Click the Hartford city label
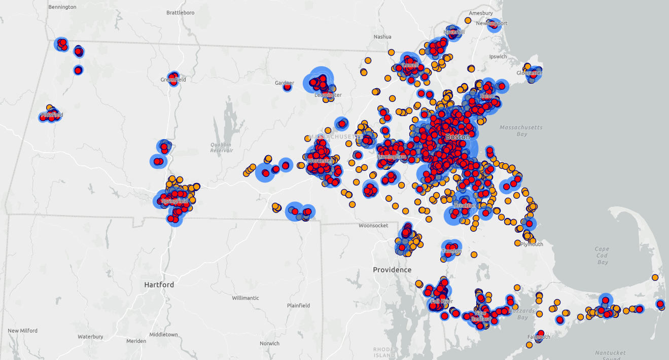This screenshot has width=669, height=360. pyautogui.click(x=159, y=284)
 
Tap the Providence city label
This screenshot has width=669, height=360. pyautogui.click(x=392, y=270)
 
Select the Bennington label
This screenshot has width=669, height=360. pyautogui.click(x=62, y=7)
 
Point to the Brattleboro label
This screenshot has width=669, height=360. pyautogui.click(x=181, y=13)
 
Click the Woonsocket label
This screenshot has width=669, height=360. pyautogui.click(x=373, y=225)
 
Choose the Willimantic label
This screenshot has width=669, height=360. pyautogui.click(x=245, y=298)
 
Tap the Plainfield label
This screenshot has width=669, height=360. pyautogui.click(x=298, y=305)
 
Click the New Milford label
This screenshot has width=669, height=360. pyautogui.click(x=23, y=331)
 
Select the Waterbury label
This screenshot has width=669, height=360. pyautogui.click(x=90, y=337)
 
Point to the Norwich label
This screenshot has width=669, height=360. pyautogui.click(x=269, y=343)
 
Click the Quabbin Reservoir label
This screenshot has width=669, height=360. pyautogui.click(x=221, y=148)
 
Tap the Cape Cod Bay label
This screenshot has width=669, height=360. pyautogui.click(x=602, y=256)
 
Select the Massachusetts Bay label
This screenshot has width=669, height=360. pyautogui.click(x=521, y=130)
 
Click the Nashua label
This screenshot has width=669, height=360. pyautogui.click(x=382, y=37)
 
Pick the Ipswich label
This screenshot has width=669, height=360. pyautogui.click(x=498, y=56)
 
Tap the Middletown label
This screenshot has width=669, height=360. pyautogui.click(x=163, y=335)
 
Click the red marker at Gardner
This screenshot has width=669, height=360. pyautogui.click(x=287, y=87)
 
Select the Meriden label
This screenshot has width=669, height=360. pyautogui.click(x=136, y=341)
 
